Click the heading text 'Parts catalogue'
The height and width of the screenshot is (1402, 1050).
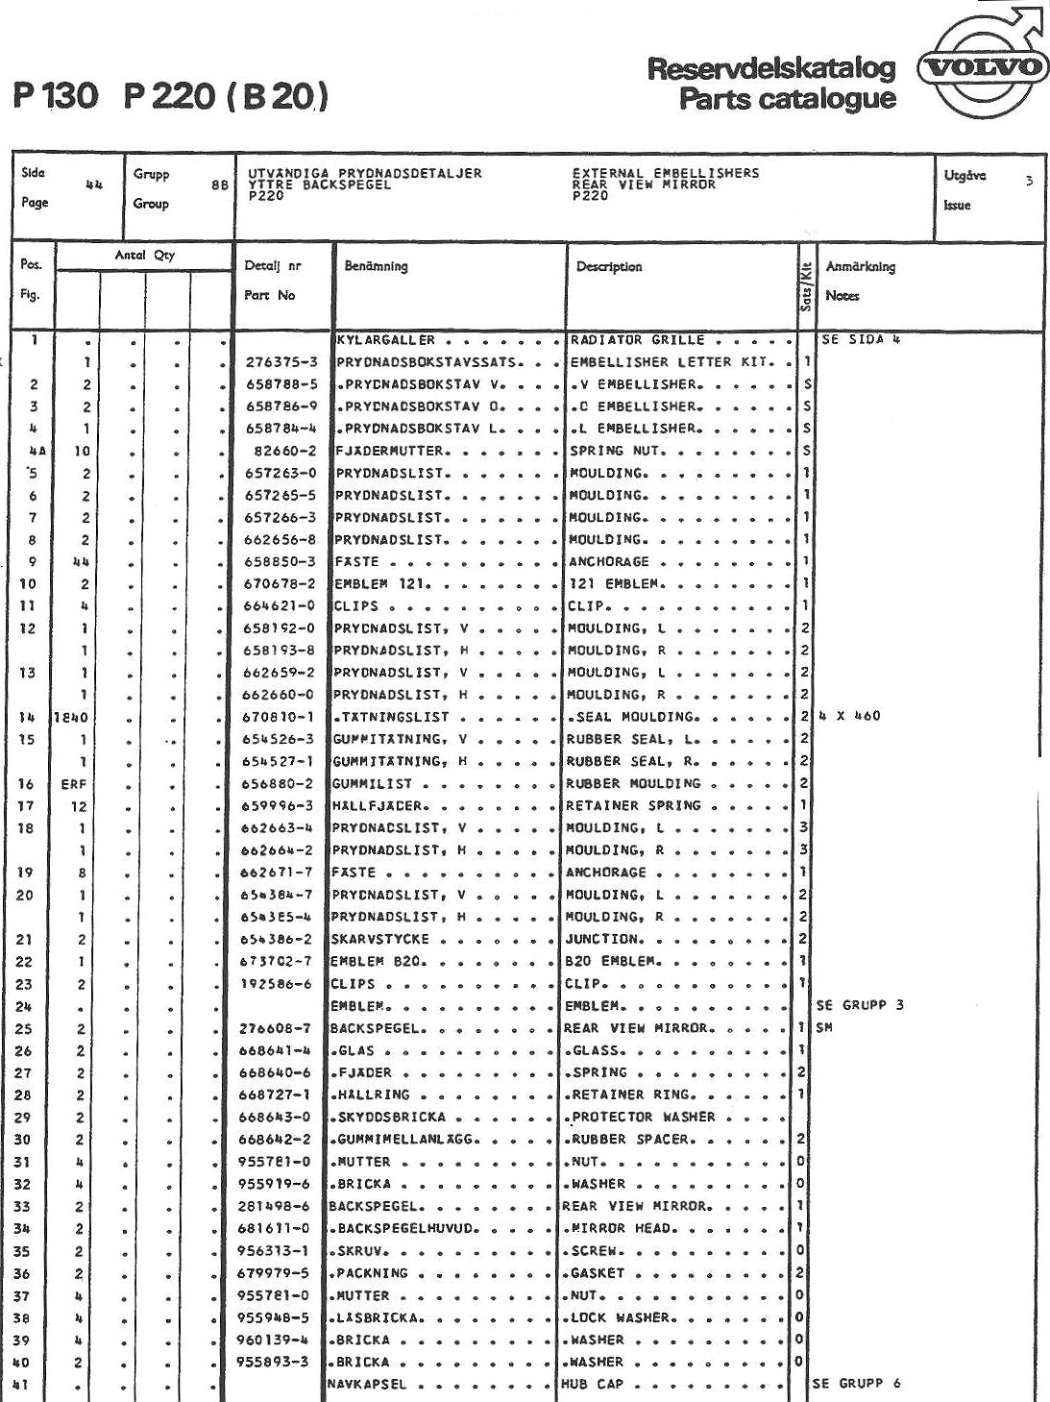coord(787,99)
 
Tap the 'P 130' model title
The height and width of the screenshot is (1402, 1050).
coord(56,96)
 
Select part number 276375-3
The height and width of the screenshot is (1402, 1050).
coord(281,362)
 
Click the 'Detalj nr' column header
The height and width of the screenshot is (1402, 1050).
coord(272,266)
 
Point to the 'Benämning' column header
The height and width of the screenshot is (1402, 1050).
coord(376,266)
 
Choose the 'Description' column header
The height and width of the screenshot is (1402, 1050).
coord(608,266)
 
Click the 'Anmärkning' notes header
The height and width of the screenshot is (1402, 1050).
coord(860,266)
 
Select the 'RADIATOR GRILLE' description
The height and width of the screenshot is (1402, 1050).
coord(637,340)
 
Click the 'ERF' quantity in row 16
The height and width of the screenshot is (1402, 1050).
coord(74,784)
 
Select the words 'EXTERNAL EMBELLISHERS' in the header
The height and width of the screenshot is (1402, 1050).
coord(665,173)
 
